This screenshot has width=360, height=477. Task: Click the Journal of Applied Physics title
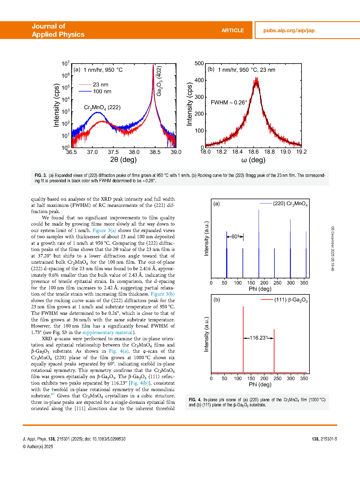tap(58, 30)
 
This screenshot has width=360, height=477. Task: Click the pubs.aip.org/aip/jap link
tap(289, 31)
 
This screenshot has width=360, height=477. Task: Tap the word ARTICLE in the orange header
tap(232, 31)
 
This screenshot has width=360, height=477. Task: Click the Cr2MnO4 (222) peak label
tap(102, 108)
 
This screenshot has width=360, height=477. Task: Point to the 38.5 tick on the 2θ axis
tap(155, 152)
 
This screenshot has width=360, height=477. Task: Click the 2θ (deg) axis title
tap(123, 160)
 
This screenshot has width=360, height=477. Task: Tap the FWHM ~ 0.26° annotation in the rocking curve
tap(229, 103)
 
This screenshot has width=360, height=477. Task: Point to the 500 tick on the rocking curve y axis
tap(199, 63)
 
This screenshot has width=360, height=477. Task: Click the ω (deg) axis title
tap(253, 160)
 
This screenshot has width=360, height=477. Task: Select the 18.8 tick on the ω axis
tap(269, 152)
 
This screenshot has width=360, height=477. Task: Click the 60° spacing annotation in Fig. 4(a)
tap(235, 237)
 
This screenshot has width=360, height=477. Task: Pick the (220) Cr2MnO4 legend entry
tap(290, 204)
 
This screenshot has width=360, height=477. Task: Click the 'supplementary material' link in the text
tap(107, 332)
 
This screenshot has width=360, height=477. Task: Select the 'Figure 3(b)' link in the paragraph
tap(163, 294)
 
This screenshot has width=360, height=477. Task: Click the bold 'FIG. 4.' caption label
tap(195, 400)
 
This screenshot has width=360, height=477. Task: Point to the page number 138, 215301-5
tap(324, 439)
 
